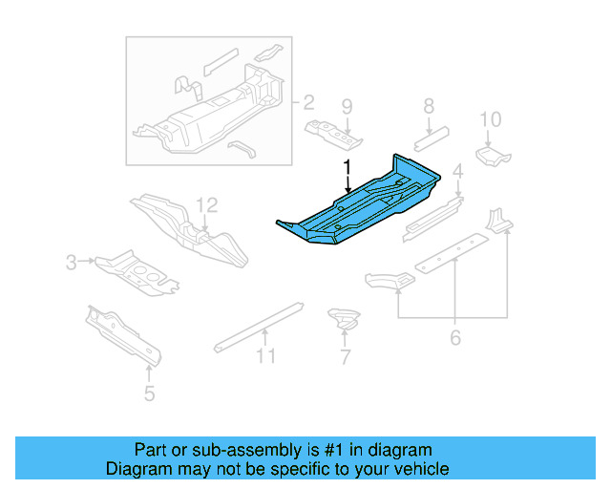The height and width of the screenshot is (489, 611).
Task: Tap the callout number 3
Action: click(72, 261)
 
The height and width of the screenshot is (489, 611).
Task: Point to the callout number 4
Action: click(458, 172)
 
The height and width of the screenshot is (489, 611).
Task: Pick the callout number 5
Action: click(149, 393)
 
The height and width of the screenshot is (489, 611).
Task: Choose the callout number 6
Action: click(455, 336)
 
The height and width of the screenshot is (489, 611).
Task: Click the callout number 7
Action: click(345, 358)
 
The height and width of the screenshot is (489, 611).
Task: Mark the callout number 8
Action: click(430, 106)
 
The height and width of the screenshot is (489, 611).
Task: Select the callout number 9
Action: click(347, 106)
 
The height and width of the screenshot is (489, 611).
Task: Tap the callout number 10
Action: click(490, 119)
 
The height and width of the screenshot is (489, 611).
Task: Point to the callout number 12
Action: click(207, 204)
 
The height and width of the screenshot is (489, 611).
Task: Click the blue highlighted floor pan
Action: click(363, 205)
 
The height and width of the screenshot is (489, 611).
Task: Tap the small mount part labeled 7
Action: click(342, 318)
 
